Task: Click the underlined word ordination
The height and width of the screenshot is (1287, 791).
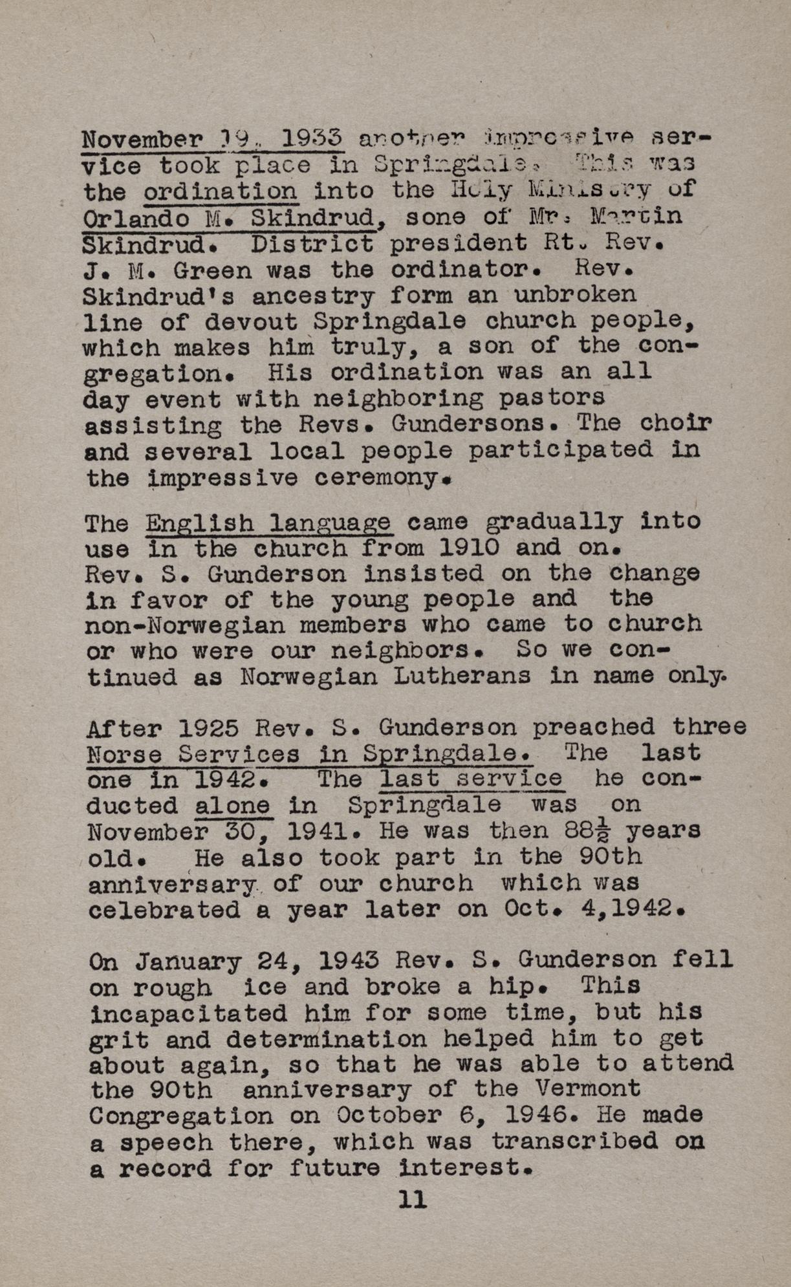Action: [221, 191]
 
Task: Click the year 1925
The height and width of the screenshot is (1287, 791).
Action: [208, 729]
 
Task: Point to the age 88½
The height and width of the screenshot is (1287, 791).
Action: [585, 831]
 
